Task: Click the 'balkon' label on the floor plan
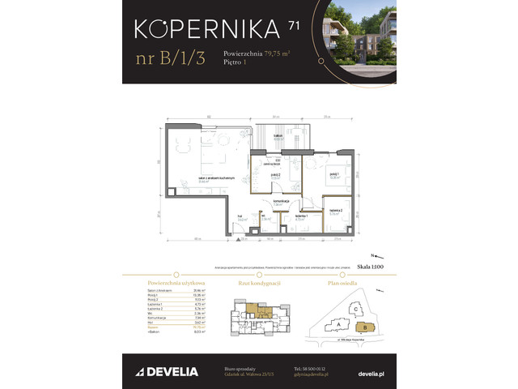(278, 135)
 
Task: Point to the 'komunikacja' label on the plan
(282, 202)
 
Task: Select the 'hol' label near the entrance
(241, 216)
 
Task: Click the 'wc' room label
(265, 216)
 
